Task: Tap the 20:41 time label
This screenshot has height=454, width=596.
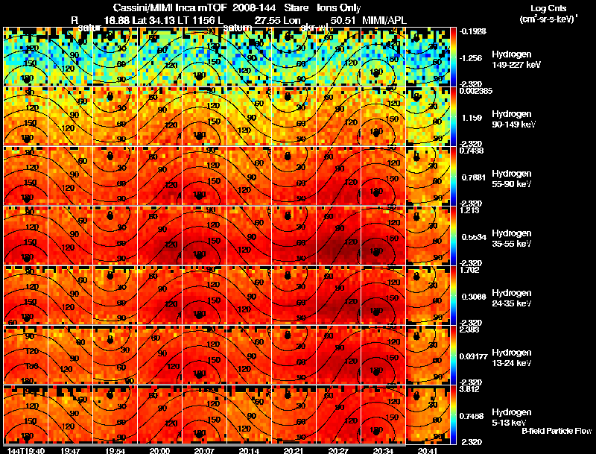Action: click(428, 450)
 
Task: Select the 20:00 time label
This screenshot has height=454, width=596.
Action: click(159, 450)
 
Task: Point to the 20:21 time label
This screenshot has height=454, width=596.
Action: click(294, 450)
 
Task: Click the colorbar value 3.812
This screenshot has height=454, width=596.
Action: click(471, 389)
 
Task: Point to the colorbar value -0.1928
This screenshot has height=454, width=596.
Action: click(472, 32)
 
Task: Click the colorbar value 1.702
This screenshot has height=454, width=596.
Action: click(471, 270)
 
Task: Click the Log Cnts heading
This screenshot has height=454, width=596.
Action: click(539, 7)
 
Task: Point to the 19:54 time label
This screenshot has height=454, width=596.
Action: click(115, 450)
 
